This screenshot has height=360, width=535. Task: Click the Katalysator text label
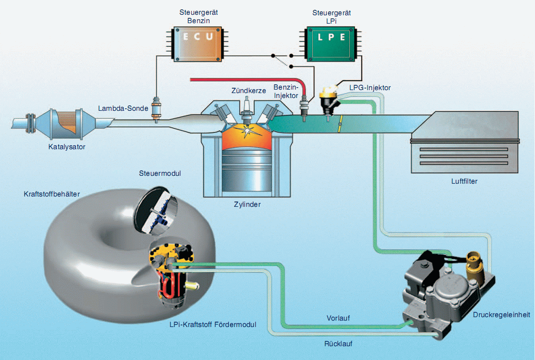67,146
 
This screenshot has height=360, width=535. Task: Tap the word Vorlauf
338,319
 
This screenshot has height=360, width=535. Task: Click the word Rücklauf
338,343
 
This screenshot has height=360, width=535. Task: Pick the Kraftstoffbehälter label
52,194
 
